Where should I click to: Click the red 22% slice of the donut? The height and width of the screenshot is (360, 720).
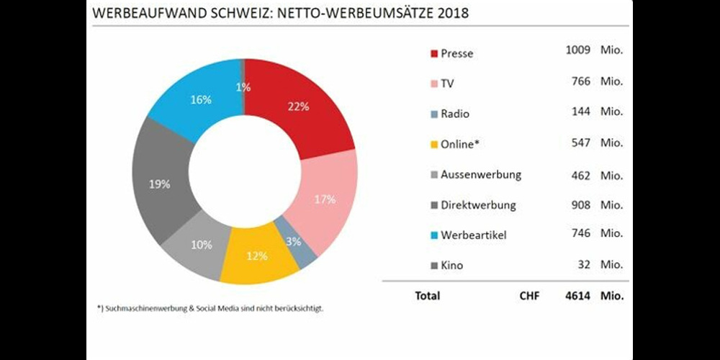click(302, 108)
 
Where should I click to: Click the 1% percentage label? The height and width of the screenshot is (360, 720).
click(243, 88)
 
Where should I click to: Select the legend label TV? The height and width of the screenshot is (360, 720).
click(448, 84)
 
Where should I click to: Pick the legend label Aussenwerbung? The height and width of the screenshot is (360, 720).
click(481, 175)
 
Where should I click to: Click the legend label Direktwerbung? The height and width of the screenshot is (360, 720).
click(478, 205)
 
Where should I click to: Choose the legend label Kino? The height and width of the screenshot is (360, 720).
click(452, 266)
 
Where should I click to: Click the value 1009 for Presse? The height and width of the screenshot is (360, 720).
click(578, 50)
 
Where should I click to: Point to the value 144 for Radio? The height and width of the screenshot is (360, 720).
click(581, 112)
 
